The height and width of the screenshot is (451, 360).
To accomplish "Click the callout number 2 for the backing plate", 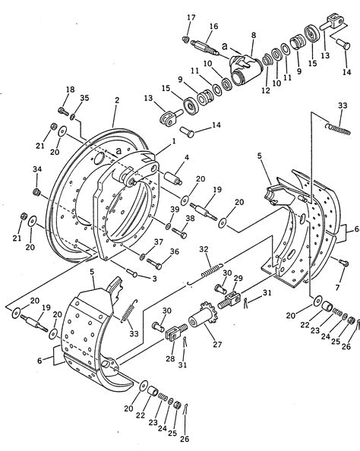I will [117, 99].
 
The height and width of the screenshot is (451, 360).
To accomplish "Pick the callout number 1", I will [173, 140].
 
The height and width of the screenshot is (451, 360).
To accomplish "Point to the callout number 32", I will [204, 249].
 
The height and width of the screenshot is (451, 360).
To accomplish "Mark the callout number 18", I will [70, 90].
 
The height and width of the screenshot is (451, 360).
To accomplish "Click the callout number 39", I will [174, 209].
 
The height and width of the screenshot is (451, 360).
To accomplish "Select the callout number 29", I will [238, 279].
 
